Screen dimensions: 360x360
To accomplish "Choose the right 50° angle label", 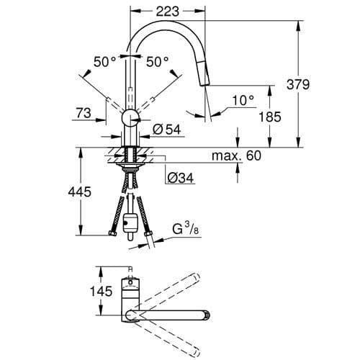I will (158, 63).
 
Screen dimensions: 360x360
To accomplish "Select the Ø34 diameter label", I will (180, 178).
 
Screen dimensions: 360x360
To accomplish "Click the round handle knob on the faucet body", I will (129, 119).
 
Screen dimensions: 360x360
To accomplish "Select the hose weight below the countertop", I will (130, 224).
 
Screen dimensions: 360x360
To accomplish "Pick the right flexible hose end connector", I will (149, 233).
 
